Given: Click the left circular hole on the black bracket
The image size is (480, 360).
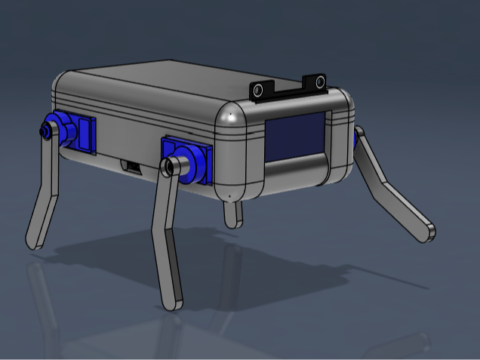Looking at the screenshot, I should [260, 90].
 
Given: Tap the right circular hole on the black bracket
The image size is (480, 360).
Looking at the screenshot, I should [319, 82].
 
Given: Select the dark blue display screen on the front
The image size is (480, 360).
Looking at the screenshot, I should [295, 137].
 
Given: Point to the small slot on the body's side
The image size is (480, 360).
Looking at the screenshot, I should [132, 166].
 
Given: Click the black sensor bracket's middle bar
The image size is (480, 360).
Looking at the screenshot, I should [290, 90].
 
